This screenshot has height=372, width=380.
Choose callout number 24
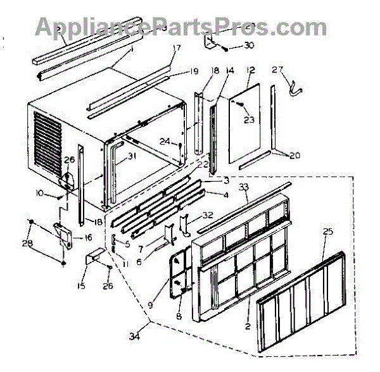pos(163,141)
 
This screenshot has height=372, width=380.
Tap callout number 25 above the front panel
pos(327,232)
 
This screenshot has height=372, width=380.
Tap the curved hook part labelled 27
pos(293,89)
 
